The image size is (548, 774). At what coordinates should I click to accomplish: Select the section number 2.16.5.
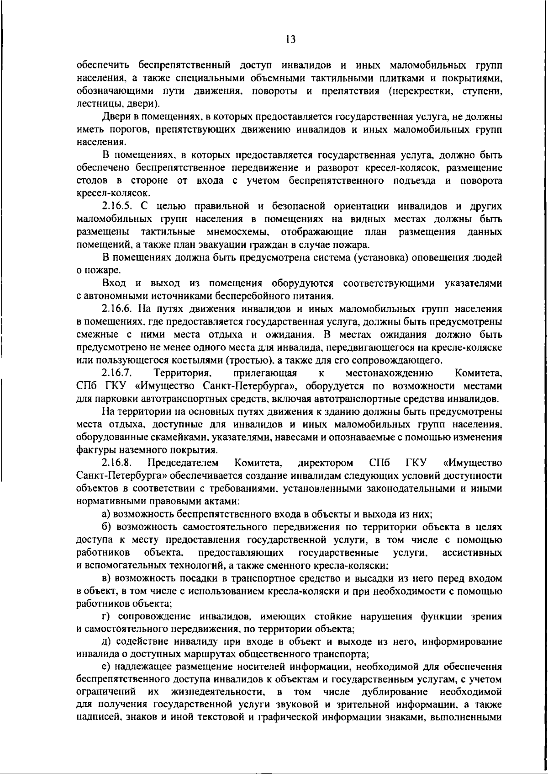120,207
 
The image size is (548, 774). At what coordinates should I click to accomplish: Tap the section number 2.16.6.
120,309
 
